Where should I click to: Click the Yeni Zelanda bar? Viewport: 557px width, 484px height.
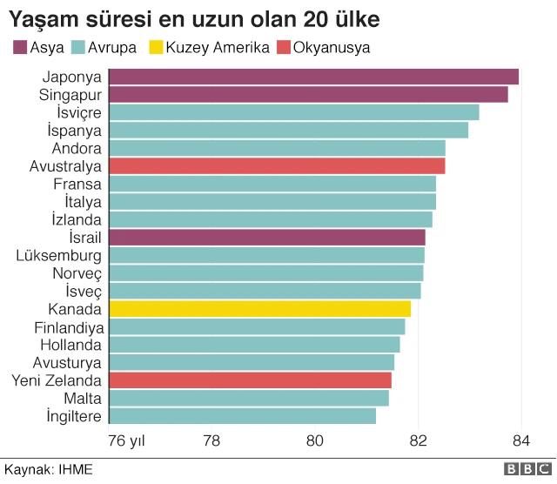(250, 380)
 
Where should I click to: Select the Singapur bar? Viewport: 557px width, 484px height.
(308, 95)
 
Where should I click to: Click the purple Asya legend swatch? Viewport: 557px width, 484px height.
(19, 47)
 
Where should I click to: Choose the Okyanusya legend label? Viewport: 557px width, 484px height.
(332, 47)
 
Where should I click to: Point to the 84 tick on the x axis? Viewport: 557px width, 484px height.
(520, 440)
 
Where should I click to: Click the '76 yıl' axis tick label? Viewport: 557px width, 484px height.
(126, 440)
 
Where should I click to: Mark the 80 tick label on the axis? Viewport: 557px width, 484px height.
(315, 440)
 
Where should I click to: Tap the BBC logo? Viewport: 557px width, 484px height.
(522, 468)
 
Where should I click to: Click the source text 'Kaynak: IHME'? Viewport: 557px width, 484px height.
(49, 468)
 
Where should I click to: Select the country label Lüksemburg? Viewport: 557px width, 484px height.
(58, 256)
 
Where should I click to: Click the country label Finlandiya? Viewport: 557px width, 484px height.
(69, 327)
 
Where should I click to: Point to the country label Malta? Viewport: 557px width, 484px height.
(83, 399)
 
